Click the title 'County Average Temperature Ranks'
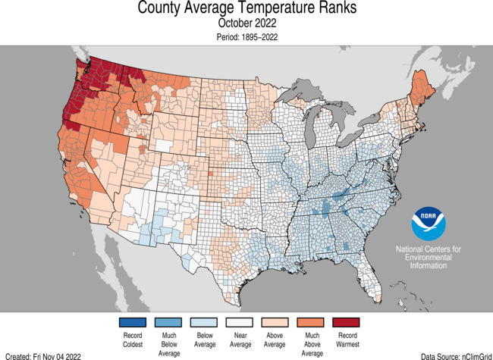246,9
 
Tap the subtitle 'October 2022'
246,23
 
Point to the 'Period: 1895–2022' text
246,37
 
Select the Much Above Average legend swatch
312,322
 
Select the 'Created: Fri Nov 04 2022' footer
42,355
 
